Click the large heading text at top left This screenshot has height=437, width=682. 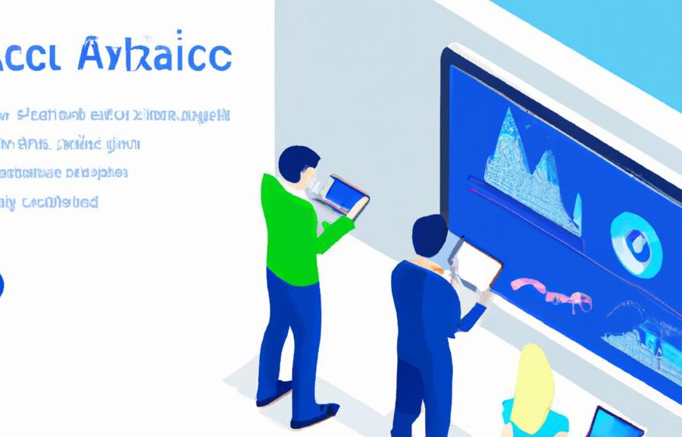(114, 56)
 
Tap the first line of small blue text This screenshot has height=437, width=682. (114, 115)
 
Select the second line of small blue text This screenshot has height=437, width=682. (72, 143)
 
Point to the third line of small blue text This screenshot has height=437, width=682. (64, 172)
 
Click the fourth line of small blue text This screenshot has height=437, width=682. (49, 202)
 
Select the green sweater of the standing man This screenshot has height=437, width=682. (292, 228)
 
